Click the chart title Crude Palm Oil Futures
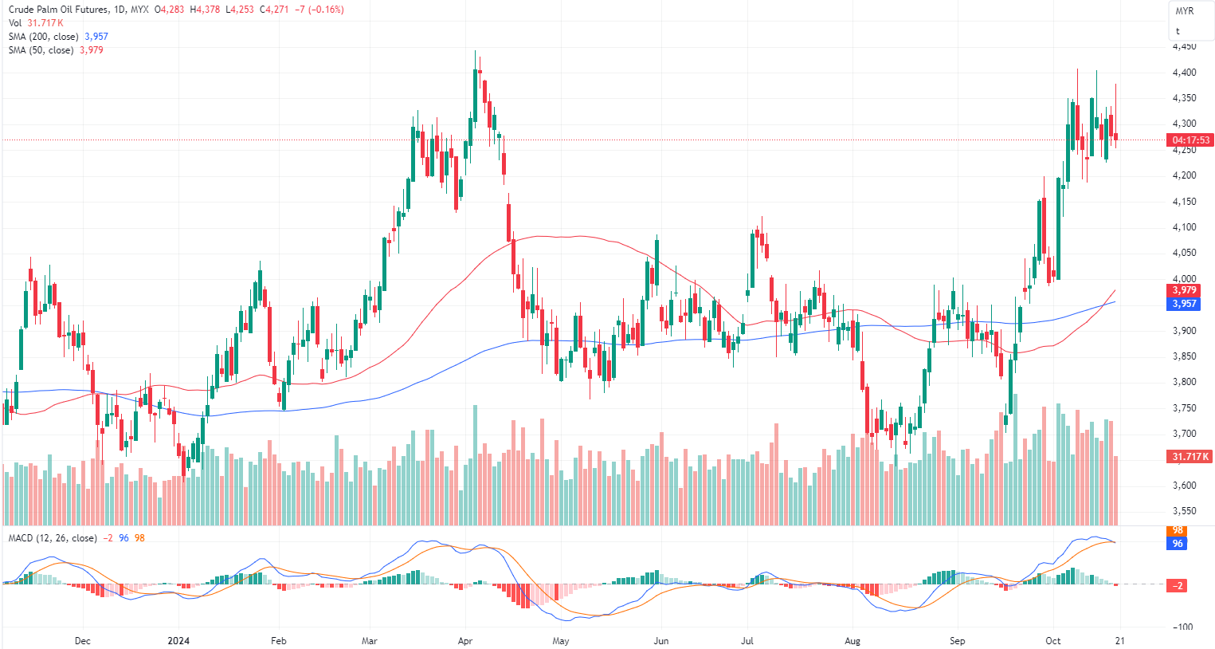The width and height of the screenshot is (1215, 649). [x=57, y=10]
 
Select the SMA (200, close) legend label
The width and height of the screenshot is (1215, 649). [x=44, y=37]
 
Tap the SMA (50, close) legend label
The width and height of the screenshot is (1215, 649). [x=41, y=50]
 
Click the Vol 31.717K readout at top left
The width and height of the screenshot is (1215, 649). [x=36, y=23]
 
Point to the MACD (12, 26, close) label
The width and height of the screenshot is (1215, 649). [x=53, y=538]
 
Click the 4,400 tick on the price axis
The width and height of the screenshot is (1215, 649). [x=1184, y=73]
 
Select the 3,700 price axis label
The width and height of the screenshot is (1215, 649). [x=1184, y=434]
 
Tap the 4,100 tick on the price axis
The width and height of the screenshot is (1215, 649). [x=1184, y=227]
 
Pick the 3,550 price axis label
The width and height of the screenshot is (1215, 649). [x=1184, y=511]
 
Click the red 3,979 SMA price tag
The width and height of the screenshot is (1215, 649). [x=1184, y=290]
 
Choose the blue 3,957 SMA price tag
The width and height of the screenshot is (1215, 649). [x=1184, y=304]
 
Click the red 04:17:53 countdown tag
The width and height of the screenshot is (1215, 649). [x=1190, y=140]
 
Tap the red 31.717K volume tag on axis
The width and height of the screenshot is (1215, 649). [x=1190, y=457]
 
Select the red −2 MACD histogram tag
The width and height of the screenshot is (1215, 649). [x=1178, y=585]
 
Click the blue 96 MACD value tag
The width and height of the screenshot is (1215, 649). [x=1178, y=544]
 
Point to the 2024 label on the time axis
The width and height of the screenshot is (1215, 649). [x=178, y=641]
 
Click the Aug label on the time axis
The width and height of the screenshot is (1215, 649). [x=852, y=641]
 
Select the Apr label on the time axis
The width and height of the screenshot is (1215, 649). [x=465, y=641]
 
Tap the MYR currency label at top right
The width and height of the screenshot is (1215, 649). [x=1185, y=11]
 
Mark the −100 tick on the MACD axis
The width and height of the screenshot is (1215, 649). [x=1182, y=627]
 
